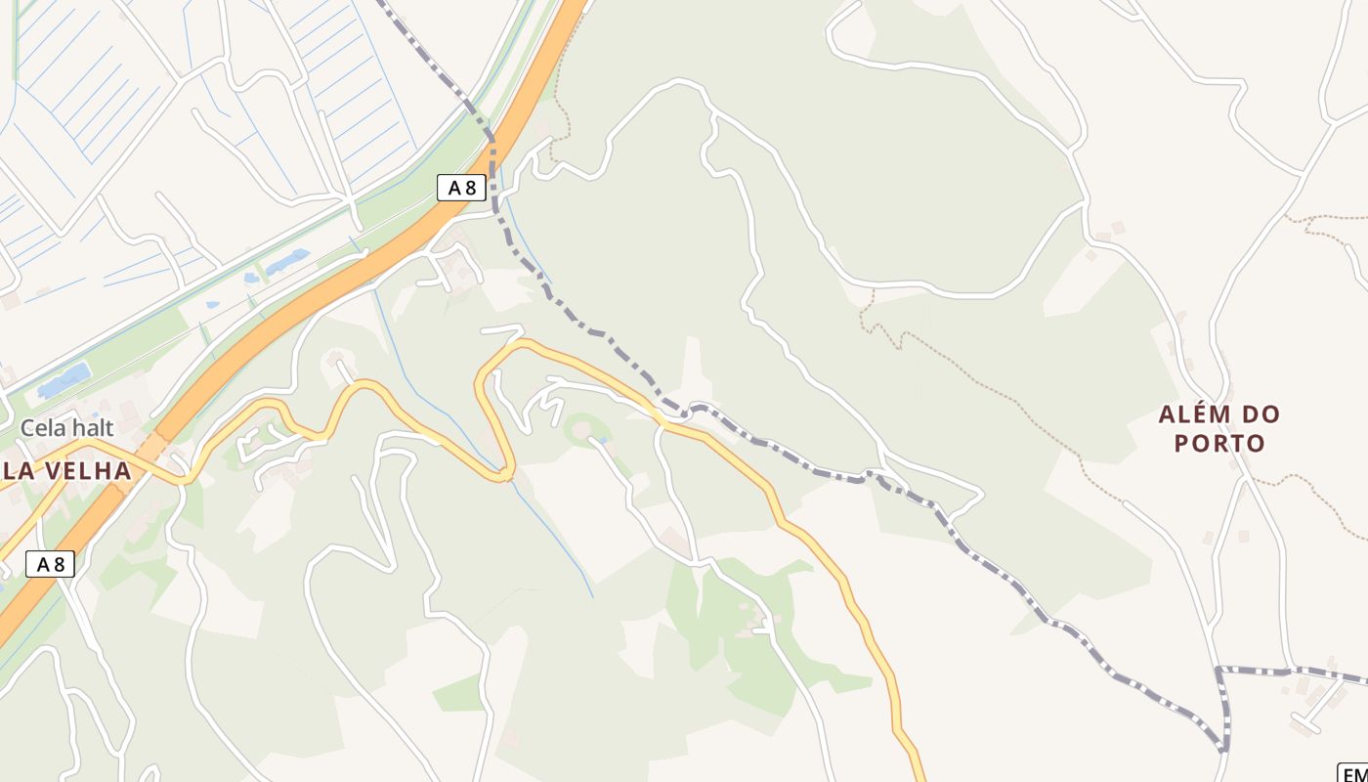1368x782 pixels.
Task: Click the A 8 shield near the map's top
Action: [x=461, y=188]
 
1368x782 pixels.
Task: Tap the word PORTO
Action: [x=1219, y=443]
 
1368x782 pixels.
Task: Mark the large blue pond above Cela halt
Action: [x=64, y=379]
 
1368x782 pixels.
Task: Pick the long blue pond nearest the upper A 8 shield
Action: [x=287, y=261]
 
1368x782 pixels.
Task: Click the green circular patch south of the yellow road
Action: [x=582, y=430]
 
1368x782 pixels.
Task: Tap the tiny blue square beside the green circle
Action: [x=603, y=442]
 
